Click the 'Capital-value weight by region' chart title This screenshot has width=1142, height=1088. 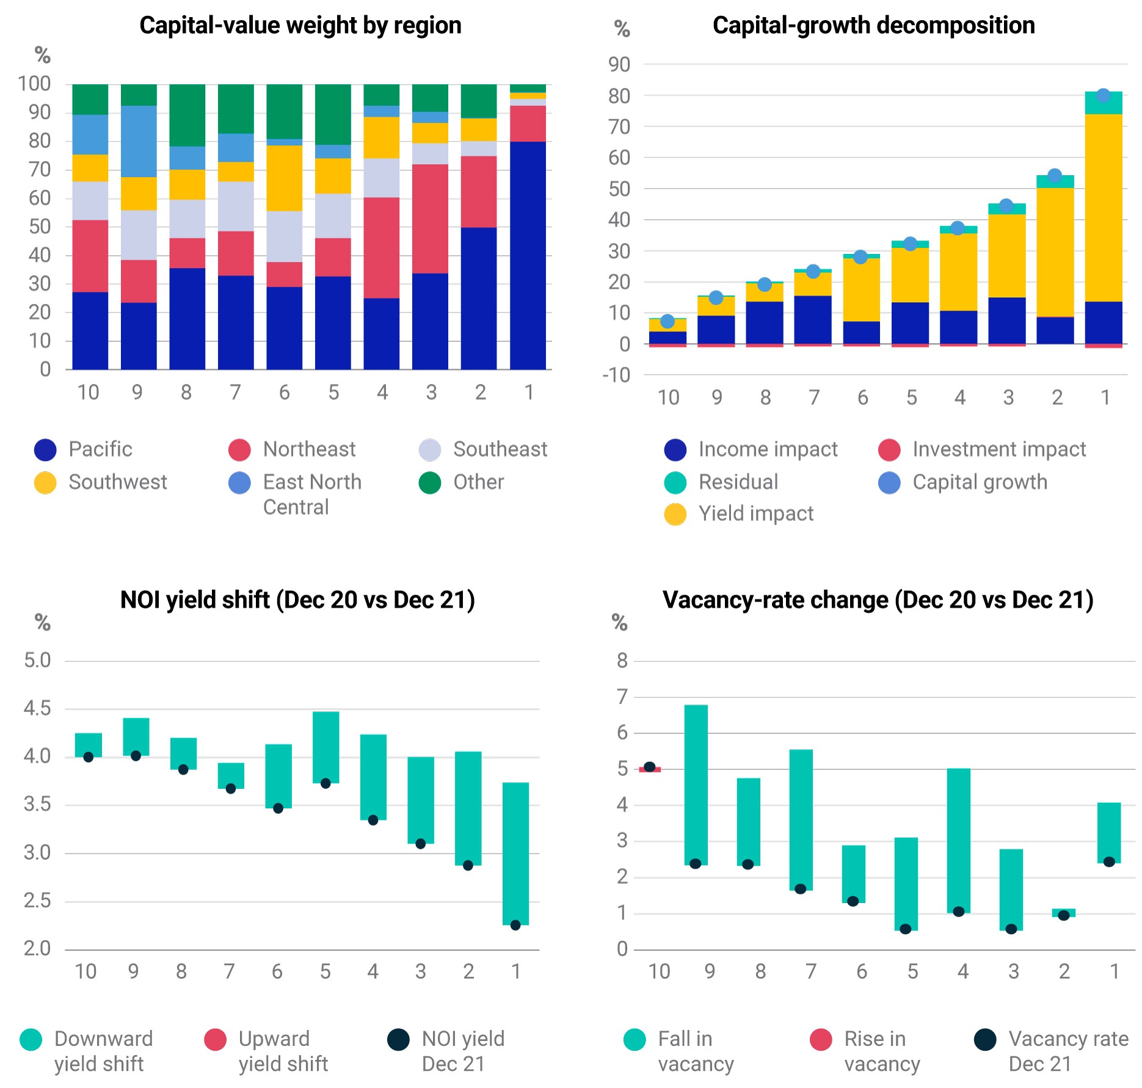click(300, 26)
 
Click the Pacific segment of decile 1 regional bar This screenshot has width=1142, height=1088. click(528, 255)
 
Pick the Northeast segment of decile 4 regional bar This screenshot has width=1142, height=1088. click(382, 248)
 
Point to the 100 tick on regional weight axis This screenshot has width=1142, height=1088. click(34, 84)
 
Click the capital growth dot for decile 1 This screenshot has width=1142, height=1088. click(1103, 95)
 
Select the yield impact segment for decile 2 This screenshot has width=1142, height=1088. click(1055, 252)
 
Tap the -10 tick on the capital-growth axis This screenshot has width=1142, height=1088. click(616, 375)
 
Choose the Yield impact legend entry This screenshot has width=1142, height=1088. click(739, 514)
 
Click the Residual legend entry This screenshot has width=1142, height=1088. click(721, 482)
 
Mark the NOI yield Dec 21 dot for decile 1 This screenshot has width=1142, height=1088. click(515, 925)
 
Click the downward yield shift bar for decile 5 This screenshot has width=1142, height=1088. click(326, 747)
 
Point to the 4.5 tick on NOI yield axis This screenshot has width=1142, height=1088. click(37, 708)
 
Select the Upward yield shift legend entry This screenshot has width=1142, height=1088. click(266, 1051)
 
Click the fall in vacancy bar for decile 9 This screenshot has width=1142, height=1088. click(696, 785)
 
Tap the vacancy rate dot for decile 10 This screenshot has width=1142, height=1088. click(650, 767)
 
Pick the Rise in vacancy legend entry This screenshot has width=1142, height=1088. click(865, 1051)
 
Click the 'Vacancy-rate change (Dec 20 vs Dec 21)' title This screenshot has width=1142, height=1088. click(878, 600)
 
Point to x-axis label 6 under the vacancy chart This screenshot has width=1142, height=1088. click(862, 971)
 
